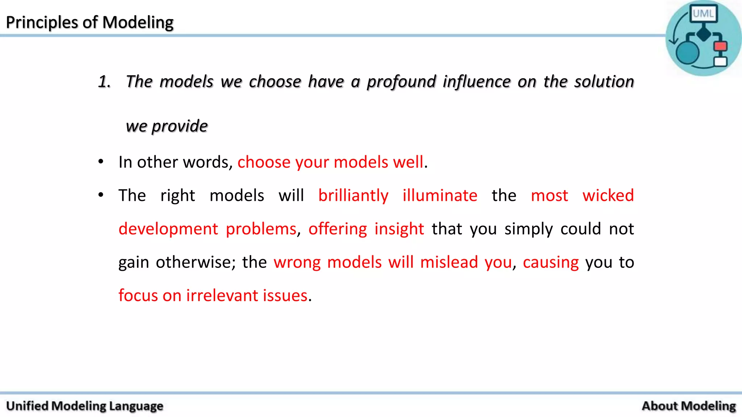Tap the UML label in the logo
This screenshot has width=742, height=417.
pos(703,14)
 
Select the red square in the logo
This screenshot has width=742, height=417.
pos(720,46)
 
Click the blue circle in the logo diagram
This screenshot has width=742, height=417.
pos(687,52)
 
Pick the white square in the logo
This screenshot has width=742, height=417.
pos(720,61)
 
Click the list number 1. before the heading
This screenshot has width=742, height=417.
pos(104,82)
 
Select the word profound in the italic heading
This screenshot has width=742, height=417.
pos(401,82)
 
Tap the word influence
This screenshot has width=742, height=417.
pos(476,82)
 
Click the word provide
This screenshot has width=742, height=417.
pos(180,126)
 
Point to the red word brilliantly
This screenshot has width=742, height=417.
pos(353,195)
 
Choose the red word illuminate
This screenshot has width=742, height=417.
pos(440,195)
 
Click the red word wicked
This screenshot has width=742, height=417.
pos(608,195)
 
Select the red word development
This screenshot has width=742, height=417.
pos(168,229)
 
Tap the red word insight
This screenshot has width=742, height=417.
pos(399,229)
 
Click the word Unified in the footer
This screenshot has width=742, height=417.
pos(27,406)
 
